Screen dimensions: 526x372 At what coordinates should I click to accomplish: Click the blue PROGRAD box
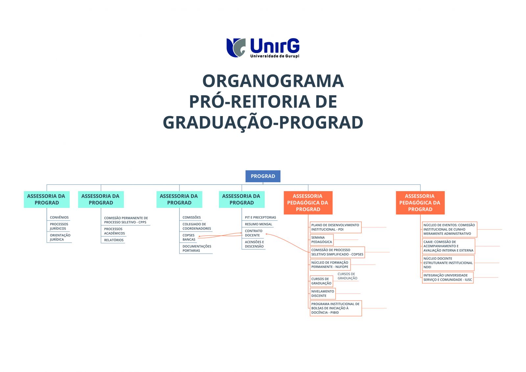(x=263, y=176)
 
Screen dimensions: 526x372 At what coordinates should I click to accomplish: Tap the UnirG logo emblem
(x=236, y=48)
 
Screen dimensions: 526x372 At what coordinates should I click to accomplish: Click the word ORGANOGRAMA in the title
(x=273, y=81)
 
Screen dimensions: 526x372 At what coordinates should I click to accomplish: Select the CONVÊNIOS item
(x=59, y=217)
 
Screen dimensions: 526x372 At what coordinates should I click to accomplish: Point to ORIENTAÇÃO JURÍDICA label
(x=60, y=237)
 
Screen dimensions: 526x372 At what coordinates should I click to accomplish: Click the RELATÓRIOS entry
(x=114, y=240)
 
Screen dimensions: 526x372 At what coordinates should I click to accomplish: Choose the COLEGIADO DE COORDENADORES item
(x=197, y=226)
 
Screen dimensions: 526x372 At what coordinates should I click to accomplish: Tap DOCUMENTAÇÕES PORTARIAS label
(x=197, y=248)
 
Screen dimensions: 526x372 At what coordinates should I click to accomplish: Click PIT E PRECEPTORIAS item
(x=260, y=217)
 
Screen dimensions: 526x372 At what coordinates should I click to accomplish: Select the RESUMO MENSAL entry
(x=258, y=224)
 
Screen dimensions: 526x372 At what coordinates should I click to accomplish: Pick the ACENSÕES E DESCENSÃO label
(x=254, y=244)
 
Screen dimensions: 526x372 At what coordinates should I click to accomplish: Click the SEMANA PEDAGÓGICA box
(x=322, y=240)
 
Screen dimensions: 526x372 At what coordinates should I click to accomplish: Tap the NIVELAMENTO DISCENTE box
(x=323, y=293)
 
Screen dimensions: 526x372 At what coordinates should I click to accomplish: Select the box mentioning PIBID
(x=336, y=308)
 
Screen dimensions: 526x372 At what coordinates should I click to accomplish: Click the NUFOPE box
(x=330, y=264)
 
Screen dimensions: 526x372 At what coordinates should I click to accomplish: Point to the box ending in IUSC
(x=447, y=278)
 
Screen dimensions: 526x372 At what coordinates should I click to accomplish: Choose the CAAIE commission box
(x=448, y=246)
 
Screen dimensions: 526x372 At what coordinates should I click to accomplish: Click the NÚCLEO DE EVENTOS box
(x=449, y=229)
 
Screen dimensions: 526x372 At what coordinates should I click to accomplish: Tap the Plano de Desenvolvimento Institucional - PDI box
(x=336, y=227)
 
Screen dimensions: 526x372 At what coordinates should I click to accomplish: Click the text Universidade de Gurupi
(x=275, y=56)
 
